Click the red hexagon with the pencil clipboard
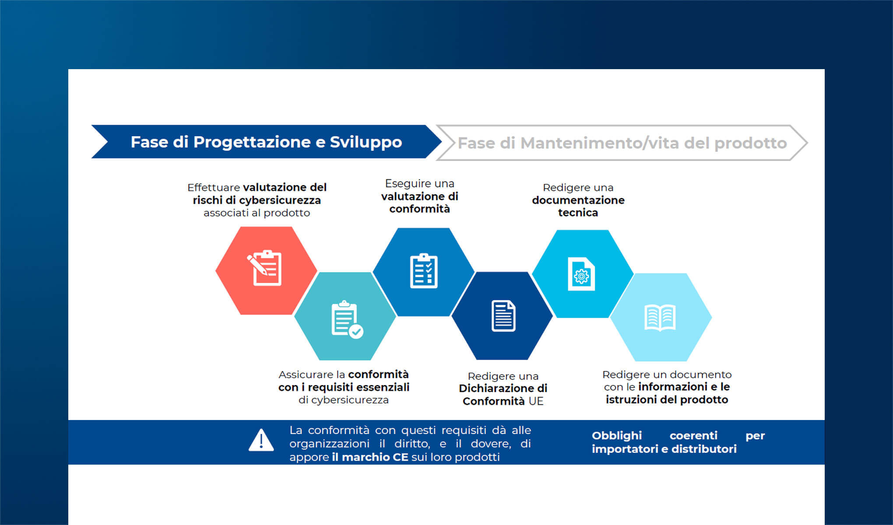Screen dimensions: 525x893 (x=266, y=270)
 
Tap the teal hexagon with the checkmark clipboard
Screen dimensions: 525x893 (x=345, y=316)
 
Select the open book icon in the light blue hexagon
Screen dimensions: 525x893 (x=660, y=317)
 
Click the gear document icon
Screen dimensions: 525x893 (x=581, y=274)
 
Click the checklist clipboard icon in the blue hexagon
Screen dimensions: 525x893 (x=424, y=271)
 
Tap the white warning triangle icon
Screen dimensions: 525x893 (x=261, y=440)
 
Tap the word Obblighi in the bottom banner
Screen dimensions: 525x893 (x=616, y=435)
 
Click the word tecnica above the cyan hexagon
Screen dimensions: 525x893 (x=578, y=213)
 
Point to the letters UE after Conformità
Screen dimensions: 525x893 (x=536, y=401)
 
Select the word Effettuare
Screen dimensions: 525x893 (x=214, y=188)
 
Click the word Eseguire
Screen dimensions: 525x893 (x=405, y=183)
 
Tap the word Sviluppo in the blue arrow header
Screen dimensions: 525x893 (x=366, y=142)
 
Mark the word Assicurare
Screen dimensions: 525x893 (x=306, y=374)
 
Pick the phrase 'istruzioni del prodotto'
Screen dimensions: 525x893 (x=667, y=399)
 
